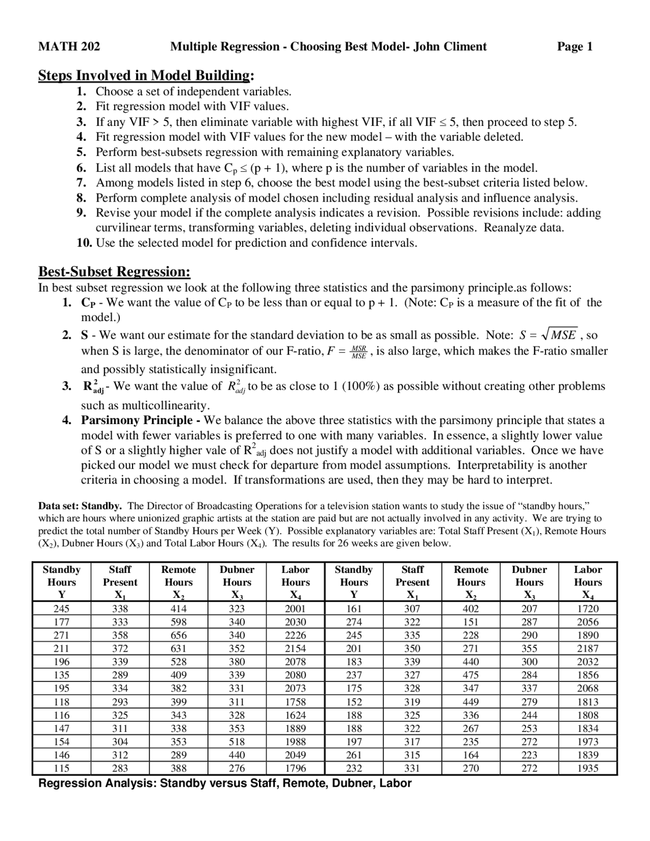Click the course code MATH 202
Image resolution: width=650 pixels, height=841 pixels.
(69, 47)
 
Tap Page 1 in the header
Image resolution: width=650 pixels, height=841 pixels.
(574, 47)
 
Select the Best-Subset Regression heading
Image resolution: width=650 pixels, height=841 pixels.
(114, 272)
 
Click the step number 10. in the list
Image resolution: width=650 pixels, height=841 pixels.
(84, 243)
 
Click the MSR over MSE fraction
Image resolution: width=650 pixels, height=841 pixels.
(359, 352)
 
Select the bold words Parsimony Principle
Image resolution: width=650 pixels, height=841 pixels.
(136, 421)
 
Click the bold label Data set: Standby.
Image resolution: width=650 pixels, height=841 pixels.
(80, 506)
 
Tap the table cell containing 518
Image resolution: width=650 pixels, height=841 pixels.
(237, 741)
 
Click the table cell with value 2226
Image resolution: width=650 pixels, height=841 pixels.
(295, 635)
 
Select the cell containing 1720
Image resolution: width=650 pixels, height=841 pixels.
(588, 608)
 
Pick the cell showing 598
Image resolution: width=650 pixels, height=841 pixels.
(178, 622)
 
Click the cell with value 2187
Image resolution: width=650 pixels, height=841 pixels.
(588, 648)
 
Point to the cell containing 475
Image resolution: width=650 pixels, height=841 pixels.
(471, 675)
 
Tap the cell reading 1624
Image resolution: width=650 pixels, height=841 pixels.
(295, 715)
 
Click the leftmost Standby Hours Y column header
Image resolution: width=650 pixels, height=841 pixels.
(61, 582)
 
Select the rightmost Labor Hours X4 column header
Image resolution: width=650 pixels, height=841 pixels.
(588, 582)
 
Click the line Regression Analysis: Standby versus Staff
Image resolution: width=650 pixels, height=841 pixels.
(225, 783)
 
